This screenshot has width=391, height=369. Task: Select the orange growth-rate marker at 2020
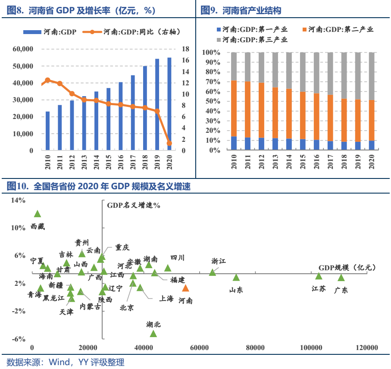pos(169,143)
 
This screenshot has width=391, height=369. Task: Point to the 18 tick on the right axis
pos(185,49)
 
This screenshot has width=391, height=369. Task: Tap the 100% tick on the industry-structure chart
pos(211,53)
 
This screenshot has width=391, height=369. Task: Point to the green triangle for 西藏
pos(38,214)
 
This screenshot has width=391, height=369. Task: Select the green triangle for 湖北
pos(153,333)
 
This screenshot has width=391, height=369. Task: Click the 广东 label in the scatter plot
pos(341,290)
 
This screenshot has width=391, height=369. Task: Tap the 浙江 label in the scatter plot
pos(219,261)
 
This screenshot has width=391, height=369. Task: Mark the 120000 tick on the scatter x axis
pos(367,348)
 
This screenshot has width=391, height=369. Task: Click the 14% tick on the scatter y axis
pos(19,200)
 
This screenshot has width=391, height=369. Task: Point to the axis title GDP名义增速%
pos(134,205)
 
